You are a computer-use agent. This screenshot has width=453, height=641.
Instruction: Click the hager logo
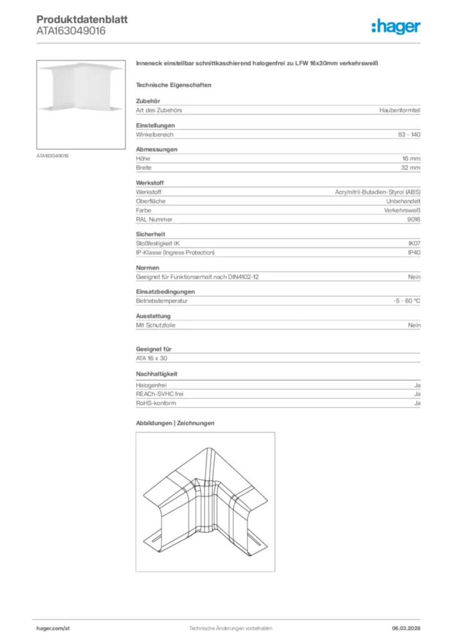tap(395, 26)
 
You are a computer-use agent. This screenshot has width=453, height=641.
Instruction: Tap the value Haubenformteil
tap(400, 110)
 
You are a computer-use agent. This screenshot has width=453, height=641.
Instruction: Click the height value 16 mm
tap(411, 159)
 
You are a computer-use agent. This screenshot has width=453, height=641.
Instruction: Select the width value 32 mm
tap(410, 168)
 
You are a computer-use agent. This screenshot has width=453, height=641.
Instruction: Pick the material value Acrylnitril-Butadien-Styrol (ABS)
tap(377, 192)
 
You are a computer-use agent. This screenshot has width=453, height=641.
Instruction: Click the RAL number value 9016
tap(414, 220)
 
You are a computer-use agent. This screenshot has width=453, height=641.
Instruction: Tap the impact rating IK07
tap(414, 243)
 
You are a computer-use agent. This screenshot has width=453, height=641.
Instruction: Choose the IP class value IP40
tap(414, 252)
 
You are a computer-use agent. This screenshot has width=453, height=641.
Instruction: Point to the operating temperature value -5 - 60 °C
tap(403, 301)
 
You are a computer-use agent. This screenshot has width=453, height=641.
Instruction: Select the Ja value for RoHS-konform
tap(417, 404)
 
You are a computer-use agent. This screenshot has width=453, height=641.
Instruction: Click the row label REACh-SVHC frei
tap(160, 394)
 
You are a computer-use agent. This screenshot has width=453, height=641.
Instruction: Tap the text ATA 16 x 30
tap(152, 359)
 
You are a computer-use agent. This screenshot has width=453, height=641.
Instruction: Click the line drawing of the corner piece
tap(205, 501)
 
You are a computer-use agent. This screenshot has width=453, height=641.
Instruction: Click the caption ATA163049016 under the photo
tap(53, 155)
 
